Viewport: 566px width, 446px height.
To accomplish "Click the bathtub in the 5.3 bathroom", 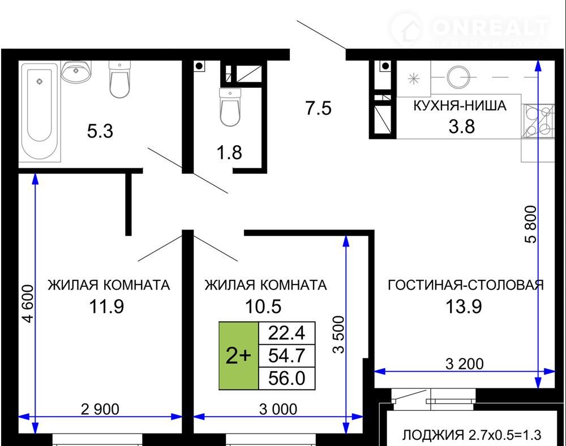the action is (x=40, y=111).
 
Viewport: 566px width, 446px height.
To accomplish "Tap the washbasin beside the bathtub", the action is (x=76, y=71).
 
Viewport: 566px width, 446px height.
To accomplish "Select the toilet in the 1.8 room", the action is (x=230, y=107).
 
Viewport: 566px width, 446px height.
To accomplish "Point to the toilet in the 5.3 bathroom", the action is (x=120, y=79).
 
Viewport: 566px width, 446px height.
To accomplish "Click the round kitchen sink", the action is (x=458, y=77).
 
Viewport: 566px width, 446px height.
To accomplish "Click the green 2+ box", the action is (x=239, y=356).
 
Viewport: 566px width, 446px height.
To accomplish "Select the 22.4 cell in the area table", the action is (x=287, y=333).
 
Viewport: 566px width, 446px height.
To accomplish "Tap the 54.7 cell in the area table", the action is (x=287, y=356).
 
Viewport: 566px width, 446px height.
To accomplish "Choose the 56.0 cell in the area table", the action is (x=287, y=379).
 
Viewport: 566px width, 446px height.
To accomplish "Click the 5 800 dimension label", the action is (x=531, y=224).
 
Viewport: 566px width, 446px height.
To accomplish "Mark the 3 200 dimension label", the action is (x=465, y=364).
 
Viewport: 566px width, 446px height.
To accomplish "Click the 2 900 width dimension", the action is (x=100, y=409).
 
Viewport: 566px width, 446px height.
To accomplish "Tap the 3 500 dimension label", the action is (x=339, y=334).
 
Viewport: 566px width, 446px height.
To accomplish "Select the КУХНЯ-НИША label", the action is (x=460, y=105).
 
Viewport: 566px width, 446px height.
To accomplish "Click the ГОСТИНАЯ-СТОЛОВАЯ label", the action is (x=466, y=285).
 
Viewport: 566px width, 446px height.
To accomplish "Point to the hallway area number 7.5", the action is (x=318, y=108).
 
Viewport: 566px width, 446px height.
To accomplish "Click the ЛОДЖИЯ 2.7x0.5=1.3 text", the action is (x=472, y=435).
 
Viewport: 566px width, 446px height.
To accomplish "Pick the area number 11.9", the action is (x=106, y=307).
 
